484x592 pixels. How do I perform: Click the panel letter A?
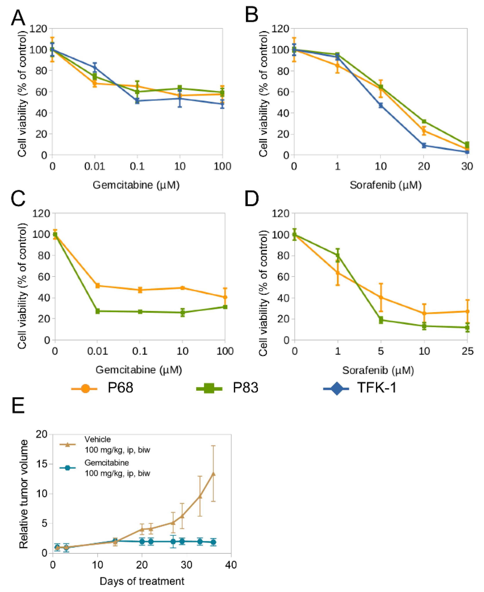[x=18, y=17]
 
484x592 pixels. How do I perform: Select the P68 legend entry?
[x=120, y=388]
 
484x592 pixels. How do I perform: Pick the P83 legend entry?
[x=245, y=388]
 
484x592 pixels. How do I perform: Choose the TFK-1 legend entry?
[x=377, y=388]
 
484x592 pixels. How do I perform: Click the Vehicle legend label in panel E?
[x=98, y=439]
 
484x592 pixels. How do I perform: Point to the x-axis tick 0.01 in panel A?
[x=94, y=167]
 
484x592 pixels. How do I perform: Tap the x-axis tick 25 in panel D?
[x=467, y=351]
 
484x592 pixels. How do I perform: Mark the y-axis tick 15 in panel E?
[x=42, y=464]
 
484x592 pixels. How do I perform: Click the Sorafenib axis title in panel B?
[x=385, y=185]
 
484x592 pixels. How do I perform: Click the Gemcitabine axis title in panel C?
[x=139, y=370]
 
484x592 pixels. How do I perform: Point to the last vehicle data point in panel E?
[x=213, y=474]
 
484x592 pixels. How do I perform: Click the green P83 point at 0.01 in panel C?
[x=98, y=311]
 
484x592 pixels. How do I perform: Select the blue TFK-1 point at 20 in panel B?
[x=424, y=145]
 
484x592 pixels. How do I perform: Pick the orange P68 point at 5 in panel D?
[x=381, y=297]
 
